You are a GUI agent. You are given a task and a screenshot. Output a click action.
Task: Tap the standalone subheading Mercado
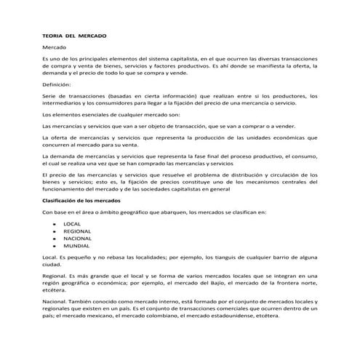pos(55,47)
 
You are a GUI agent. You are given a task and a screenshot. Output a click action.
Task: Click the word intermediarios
pos(64,103)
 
